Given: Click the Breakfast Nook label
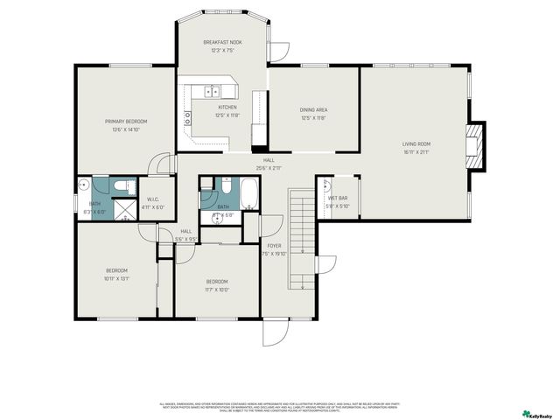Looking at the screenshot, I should click(222, 42).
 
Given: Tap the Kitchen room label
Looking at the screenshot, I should click(227, 107).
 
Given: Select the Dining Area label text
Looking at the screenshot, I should click(312, 109).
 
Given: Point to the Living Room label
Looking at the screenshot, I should click(416, 144).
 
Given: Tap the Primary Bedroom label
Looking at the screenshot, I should click(126, 121).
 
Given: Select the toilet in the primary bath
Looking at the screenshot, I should click(124, 185).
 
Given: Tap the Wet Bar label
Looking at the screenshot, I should click(338, 199).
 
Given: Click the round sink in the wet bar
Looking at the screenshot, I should click(325, 185).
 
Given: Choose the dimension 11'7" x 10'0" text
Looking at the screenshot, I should click(217, 290).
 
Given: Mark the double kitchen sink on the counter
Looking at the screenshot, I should click(211, 90).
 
